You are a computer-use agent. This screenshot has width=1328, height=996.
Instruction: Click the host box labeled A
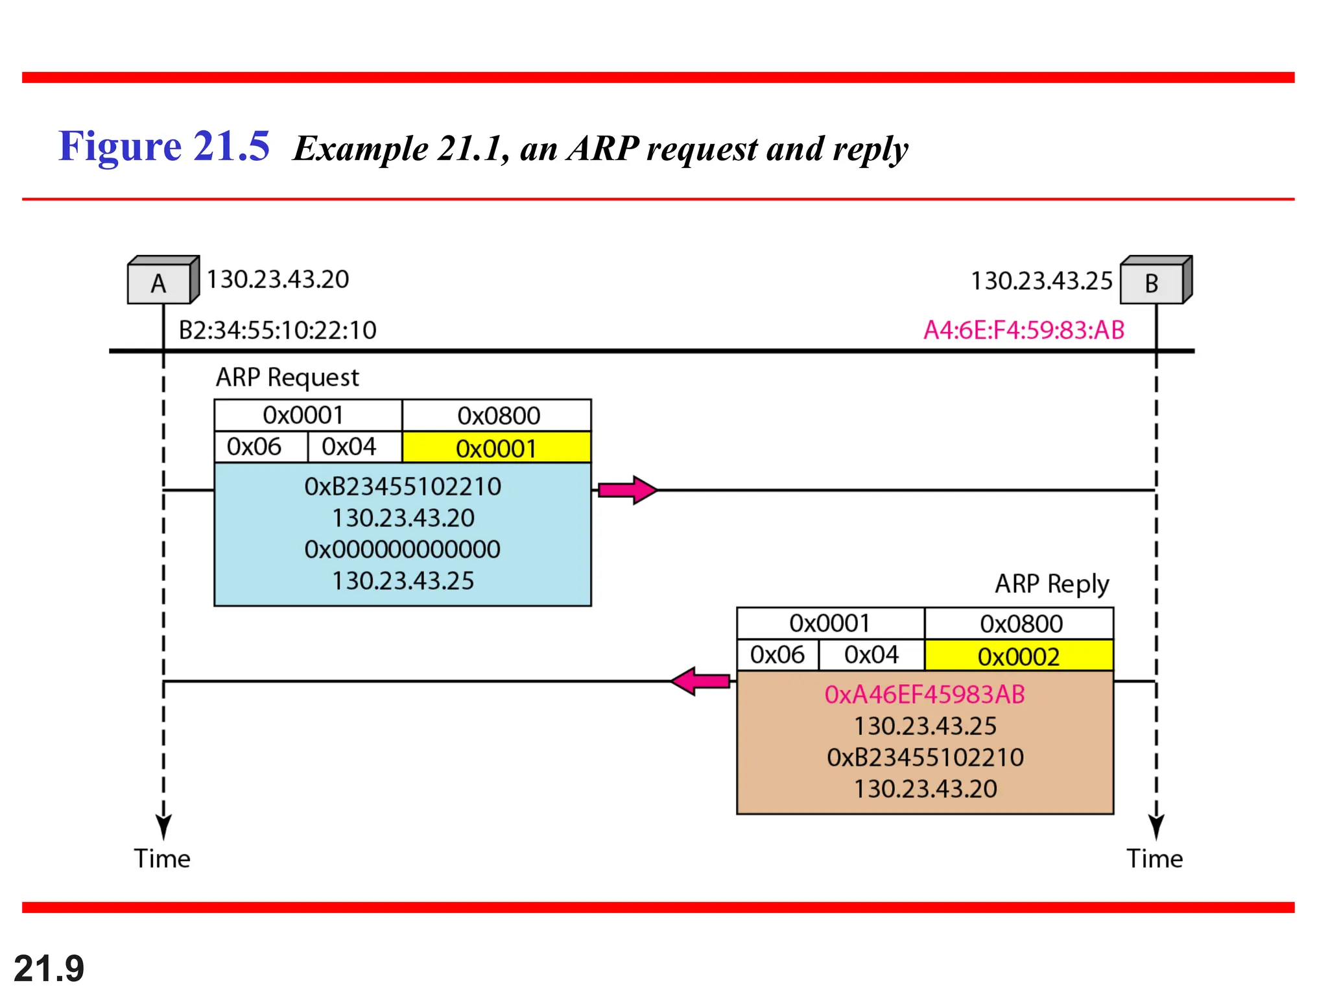coord(160,283)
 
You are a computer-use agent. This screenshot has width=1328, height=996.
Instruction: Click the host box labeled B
coord(1152,283)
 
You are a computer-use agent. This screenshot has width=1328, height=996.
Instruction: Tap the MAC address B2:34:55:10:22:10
coord(278,330)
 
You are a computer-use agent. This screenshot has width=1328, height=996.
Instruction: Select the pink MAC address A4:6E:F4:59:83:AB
coord(1023,330)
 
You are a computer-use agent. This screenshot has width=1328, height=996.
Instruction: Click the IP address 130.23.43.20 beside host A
coord(278,279)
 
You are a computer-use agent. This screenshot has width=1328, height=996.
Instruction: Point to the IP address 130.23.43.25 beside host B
coord(1041,281)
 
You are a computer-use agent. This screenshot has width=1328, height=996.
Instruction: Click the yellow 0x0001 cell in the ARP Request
coord(496,448)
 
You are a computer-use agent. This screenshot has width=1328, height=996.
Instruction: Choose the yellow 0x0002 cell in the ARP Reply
coord(1018,656)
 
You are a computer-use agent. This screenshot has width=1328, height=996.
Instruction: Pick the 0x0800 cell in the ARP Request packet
coord(498,416)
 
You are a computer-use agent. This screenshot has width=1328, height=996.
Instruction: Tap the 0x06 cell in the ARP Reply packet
coord(777,655)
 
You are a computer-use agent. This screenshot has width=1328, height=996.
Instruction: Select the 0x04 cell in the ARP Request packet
coord(349,447)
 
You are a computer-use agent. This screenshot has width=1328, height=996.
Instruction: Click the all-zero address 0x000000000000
coord(402,549)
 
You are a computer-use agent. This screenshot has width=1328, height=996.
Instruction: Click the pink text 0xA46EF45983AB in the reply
coord(925,694)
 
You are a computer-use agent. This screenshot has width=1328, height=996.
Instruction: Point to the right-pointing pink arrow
coord(626,490)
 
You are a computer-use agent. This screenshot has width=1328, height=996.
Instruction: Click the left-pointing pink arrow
coord(700,682)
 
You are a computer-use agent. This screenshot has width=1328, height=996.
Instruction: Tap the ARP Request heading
coord(287,377)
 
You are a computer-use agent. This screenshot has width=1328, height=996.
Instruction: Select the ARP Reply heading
coord(1052,584)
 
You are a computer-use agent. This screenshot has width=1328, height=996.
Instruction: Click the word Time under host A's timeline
coord(162,859)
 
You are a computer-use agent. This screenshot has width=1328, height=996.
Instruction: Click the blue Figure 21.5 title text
coord(163,146)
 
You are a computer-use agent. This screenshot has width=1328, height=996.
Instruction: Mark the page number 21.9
coord(49,969)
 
